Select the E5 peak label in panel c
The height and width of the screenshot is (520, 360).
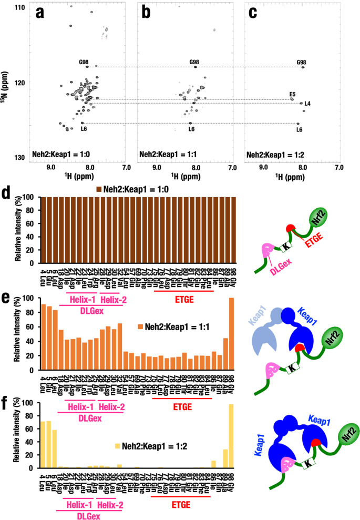(x=292, y=94)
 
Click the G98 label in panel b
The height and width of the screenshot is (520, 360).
(x=194, y=63)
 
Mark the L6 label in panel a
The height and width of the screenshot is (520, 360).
(x=84, y=129)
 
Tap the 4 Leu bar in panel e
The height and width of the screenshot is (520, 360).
(x=44, y=337)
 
